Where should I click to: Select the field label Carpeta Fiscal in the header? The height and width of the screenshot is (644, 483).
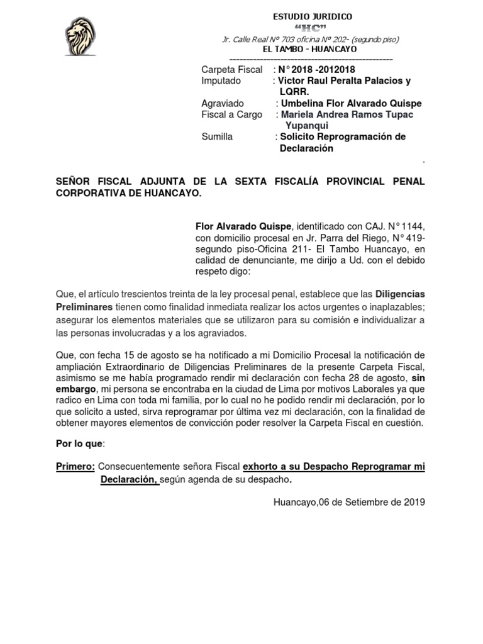coord(231,70)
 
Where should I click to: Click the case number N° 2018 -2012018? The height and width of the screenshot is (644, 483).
coord(319,70)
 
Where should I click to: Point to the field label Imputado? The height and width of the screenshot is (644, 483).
coord(221,81)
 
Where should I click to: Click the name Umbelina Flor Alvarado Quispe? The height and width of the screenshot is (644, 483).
coord(351,103)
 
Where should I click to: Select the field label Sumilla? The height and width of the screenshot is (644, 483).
coord(217,136)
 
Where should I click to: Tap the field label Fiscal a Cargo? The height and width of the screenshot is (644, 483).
coord(231,114)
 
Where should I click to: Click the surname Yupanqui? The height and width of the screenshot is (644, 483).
coord(308,125)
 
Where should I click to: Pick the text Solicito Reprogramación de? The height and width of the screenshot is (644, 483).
coord(343,136)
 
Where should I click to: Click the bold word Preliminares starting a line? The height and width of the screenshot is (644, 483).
coord(84,306)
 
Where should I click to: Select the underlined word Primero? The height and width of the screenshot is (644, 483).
coord(75,467)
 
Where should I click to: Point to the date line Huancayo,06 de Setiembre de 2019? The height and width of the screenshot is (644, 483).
coord(350,502)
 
